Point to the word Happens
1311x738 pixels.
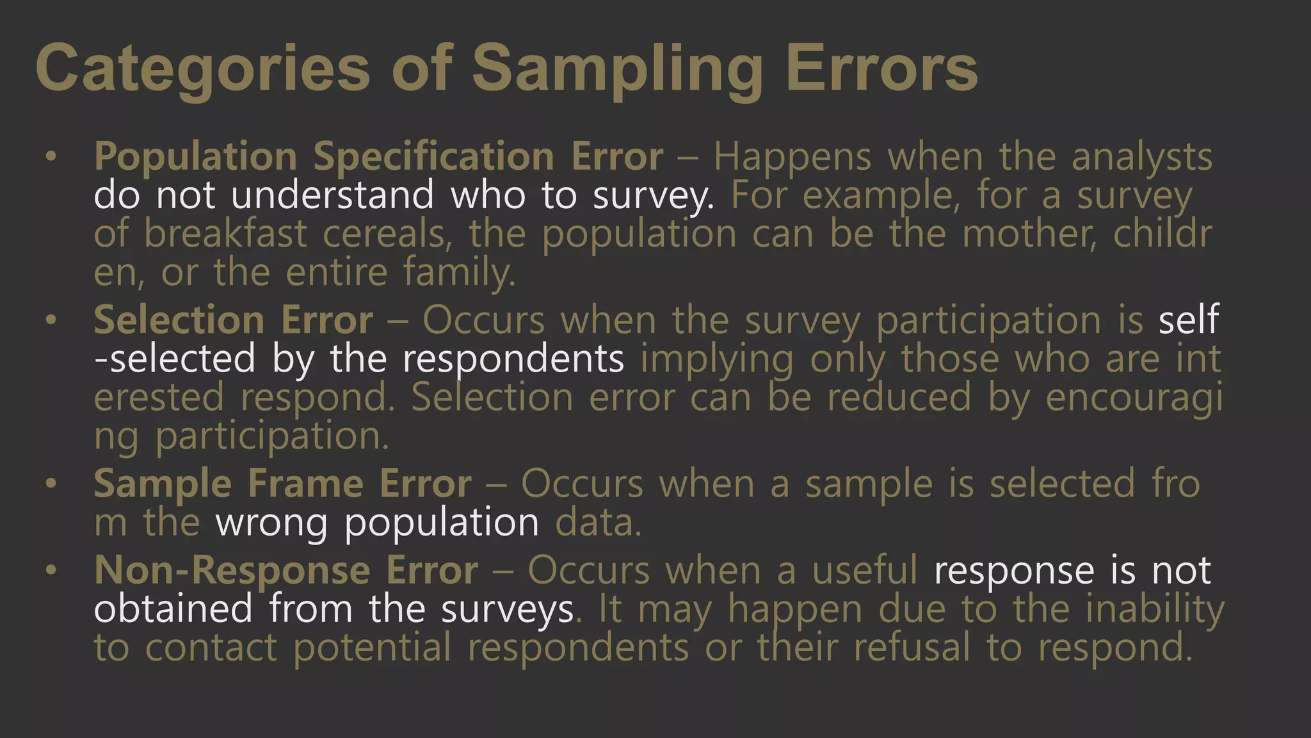(792, 157)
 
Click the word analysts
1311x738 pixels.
(1142, 157)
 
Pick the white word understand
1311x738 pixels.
(332, 195)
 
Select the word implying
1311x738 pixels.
(717, 359)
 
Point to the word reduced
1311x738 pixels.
(899, 397)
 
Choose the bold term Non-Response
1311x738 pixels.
(232, 570)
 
